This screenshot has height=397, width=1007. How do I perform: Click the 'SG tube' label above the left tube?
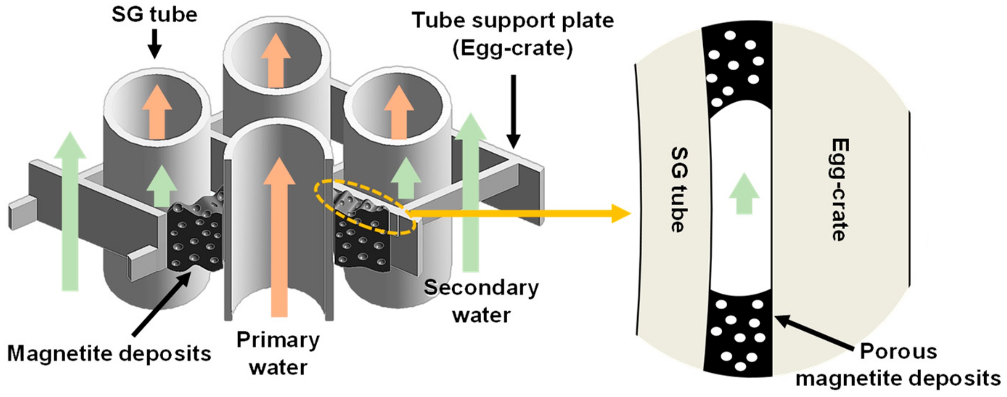[154, 15]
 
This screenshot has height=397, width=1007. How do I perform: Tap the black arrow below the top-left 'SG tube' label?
[154, 44]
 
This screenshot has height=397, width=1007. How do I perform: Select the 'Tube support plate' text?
[513, 21]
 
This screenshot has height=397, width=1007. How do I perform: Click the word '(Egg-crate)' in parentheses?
[512, 49]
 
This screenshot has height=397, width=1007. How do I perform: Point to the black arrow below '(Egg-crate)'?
[513, 112]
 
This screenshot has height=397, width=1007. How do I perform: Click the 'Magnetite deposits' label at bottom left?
[109, 354]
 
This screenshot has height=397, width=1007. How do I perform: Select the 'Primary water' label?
[278, 353]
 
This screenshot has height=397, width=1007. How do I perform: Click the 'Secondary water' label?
[482, 301]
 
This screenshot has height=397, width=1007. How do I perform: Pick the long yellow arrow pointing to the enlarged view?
[520, 213]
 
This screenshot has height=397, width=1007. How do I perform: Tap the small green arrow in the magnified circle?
[744, 193]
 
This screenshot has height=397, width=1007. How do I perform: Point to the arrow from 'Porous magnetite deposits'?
[813, 332]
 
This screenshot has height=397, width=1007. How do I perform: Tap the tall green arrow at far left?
[70, 211]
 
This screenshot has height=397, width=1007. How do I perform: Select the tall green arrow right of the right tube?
[471, 192]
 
